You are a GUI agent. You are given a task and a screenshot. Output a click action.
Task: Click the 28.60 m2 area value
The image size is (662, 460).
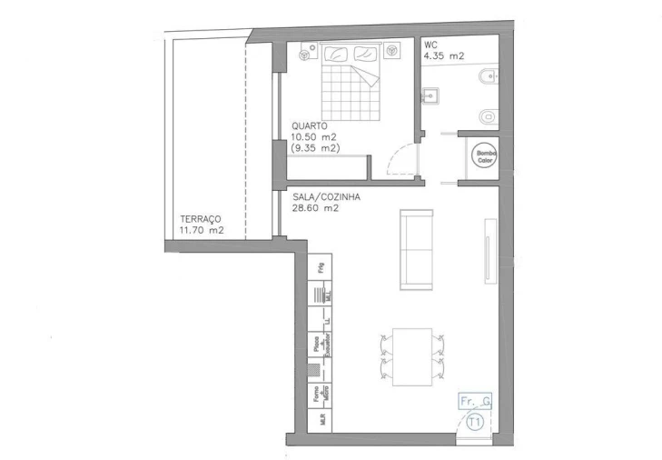coord(316,207)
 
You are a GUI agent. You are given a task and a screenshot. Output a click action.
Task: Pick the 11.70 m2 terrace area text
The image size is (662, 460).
coord(202,231)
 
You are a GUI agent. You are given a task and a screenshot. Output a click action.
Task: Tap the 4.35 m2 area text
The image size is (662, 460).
coord(444,56)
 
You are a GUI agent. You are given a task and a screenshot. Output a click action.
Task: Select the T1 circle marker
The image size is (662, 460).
coord(475,422)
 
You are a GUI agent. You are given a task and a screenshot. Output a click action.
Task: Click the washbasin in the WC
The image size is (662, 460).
coord(430,94)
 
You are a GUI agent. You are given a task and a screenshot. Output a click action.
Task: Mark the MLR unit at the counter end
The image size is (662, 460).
coord(320,421)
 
